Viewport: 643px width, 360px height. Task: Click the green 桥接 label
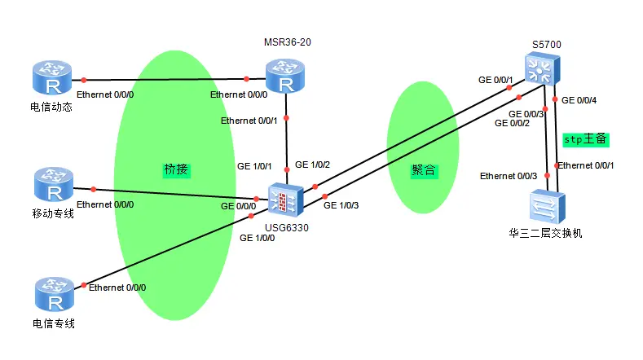[x=176, y=169]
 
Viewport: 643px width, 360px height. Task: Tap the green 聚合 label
[x=424, y=170]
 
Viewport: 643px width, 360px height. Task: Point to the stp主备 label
[x=586, y=139]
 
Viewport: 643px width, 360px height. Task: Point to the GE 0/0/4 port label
[x=581, y=100]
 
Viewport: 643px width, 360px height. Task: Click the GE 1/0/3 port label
[x=341, y=204]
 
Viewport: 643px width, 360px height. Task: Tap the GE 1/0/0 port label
[x=258, y=238]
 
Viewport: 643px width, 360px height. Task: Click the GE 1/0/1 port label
[x=254, y=165]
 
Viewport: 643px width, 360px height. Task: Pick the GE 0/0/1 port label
[x=495, y=81]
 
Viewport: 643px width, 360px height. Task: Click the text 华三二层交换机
[x=545, y=234]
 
